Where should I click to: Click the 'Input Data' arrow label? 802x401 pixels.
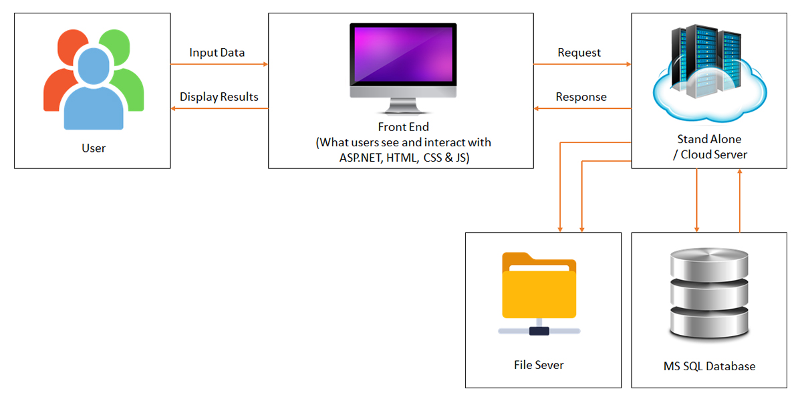[217, 53]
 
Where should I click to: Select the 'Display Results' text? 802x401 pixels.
[219, 97]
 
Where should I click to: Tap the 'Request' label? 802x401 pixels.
[579, 53]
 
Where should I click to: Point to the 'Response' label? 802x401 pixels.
[581, 97]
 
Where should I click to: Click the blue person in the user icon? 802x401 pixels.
[94, 94]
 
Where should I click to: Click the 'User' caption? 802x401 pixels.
[93, 148]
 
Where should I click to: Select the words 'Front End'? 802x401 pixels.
[403, 127]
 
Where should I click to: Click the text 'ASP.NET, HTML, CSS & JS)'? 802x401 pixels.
[403, 158]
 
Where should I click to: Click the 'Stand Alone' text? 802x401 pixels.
[709, 140]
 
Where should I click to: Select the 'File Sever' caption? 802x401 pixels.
[539, 365]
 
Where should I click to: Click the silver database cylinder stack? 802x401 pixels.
[709, 294]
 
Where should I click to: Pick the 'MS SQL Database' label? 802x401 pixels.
[709, 366]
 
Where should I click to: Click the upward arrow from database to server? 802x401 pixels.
[740, 200]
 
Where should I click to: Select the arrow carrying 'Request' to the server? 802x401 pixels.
[581, 64]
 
